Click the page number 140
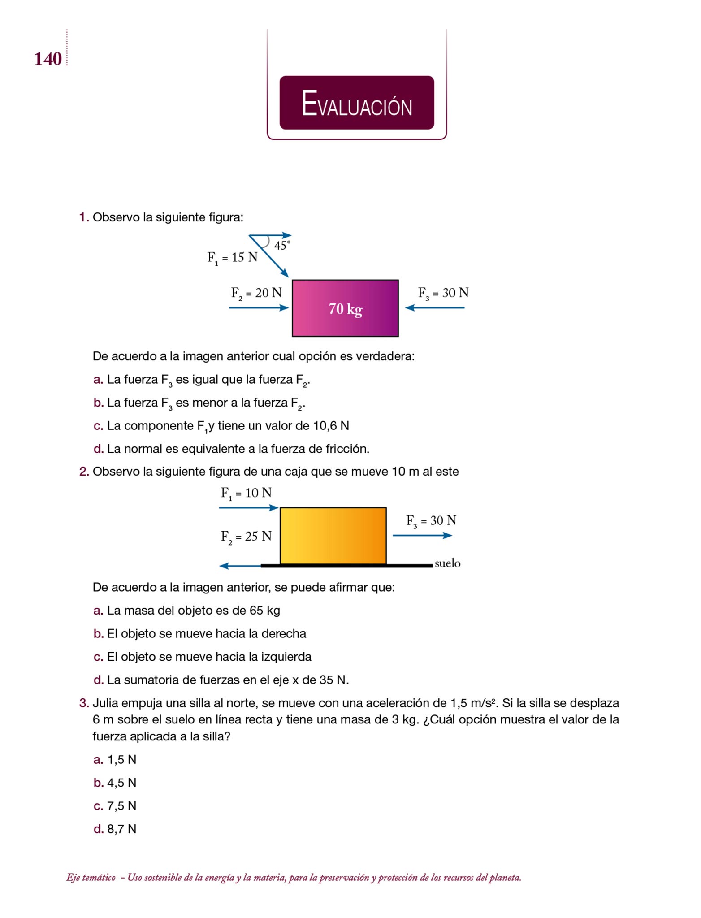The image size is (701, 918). click(48, 59)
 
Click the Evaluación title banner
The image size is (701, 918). click(356, 103)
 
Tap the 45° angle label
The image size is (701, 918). click(282, 245)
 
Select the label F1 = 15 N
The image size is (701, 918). click(232, 258)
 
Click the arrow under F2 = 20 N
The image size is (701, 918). click(259, 308)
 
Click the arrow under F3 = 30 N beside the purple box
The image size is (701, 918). click(435, 308)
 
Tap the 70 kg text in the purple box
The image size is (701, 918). click(345, 309)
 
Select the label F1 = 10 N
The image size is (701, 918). click(246, 494)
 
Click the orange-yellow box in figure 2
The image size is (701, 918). click(333, 536)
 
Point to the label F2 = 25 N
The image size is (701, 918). click(246, 537)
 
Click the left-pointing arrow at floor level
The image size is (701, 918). click(240, 566)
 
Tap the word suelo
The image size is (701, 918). click(447, 563)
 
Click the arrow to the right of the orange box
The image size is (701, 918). click(422, 535)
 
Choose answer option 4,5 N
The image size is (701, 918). click(121, 783)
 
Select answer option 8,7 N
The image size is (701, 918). click(121, 829)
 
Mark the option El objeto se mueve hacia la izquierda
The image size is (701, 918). click(209, 657)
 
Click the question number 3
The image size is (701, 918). click(84, 703)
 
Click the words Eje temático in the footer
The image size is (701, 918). click(91, 877)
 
